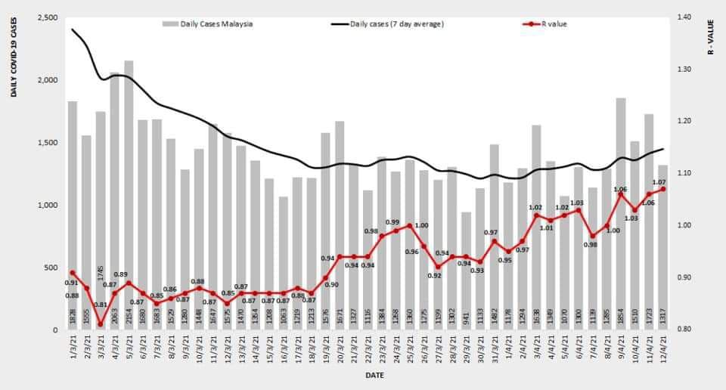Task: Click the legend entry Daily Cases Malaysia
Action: click(x=216, y=23)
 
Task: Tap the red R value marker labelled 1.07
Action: click(x=663, y=189)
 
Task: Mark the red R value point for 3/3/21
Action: click(x=101, y=324)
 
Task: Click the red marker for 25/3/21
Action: click(x=410, y=225)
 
